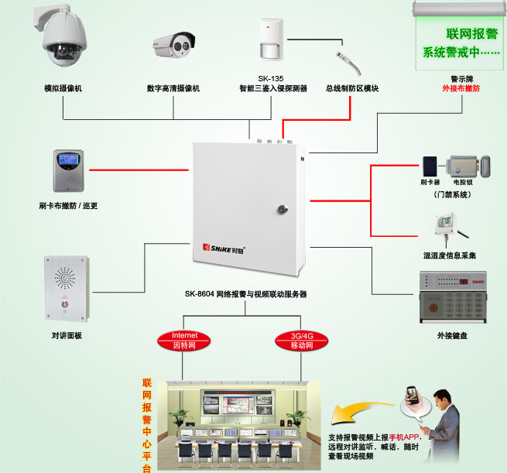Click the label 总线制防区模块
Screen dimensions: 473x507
point(352,89)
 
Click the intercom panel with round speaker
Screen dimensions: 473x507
point(67,286)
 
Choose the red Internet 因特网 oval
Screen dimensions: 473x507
point(185,340)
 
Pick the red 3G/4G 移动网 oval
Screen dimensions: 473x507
point(298,340)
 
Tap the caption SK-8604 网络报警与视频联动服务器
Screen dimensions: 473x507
point(245,294)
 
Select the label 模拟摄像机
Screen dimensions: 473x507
point(63,89)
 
